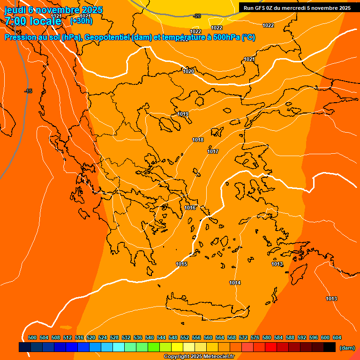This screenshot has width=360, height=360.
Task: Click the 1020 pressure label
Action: click(188, 71)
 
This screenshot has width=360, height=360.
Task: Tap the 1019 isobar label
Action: click(183, 114)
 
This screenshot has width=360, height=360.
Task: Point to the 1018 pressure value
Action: click(198, 140)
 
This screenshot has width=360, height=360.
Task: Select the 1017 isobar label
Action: click(213, 151)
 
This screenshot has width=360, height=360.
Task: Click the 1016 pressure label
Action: click(190, 208)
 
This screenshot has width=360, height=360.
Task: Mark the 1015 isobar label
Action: click(182, 264)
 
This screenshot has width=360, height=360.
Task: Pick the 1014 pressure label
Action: click(235, 283)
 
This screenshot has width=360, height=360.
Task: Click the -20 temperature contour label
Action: click(197, 16)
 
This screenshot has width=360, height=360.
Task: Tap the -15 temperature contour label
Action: click(28, 91)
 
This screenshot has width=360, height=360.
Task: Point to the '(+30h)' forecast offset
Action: click(81, 21)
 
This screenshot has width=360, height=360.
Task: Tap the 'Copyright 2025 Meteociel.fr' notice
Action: click(199, 357)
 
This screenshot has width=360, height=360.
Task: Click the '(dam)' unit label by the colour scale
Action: click(347, 347)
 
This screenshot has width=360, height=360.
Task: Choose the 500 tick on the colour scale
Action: click(32, 337)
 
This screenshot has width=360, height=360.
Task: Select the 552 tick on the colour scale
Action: click(185, 337)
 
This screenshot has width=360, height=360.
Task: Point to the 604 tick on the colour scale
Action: click(337, 337)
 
